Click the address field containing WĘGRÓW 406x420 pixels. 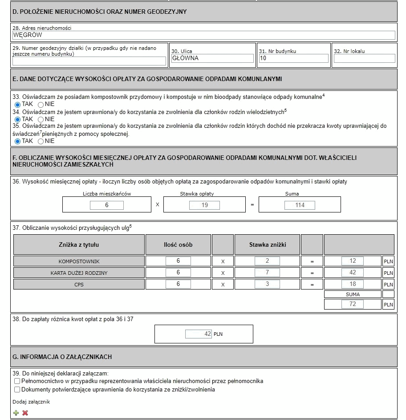pyautogui.click(x=203, y=36)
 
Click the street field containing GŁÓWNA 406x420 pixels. pyautogui.click(x=212, y=58)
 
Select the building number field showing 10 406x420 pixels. pyautogui.click(x=293, y=58)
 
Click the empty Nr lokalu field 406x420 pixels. pyautogui.click(x=364, y=58)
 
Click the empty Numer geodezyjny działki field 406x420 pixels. pyautogui.click(x=89, y=61)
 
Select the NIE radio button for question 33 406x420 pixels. pyautogui.click(x=41, y=104)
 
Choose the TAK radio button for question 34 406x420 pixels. pyautogui.click(x=18, y=119)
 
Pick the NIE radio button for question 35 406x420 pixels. pyautogui.click(x=41, y=141)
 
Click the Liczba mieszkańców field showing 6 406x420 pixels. pyautogui.click(x=107, y=205)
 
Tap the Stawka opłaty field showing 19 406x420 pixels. pyautogui.click(x=204, y=205)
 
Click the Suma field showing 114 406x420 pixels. pyautogui.click(x=300, y=205)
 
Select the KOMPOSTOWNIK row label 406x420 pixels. pyautogui.click(x=79, y=261)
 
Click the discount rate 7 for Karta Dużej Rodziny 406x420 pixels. pyautogui.click(x=267, y=273)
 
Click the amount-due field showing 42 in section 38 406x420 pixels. pyautogui.click(x=198, y=334)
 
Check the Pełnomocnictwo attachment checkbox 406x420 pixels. pyautogui.click(x=17, y=381)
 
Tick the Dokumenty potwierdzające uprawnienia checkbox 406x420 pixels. pyautogui.click(x=17, y=390)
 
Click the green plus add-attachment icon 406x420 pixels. pyautogui.click(x=16, y=413)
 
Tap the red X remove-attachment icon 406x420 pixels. pyautogui.click(x=25, y=413)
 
